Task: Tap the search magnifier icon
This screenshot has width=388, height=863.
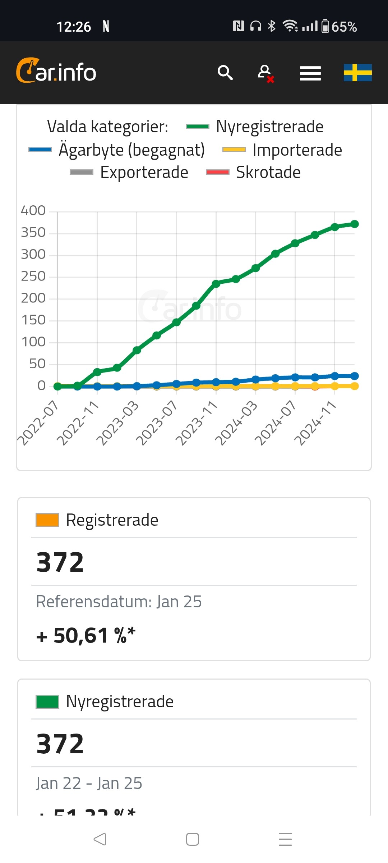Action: click(x=225, y=73)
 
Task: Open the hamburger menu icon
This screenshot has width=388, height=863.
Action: click(x=310, y=73)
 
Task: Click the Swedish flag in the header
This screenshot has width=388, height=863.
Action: click(x=357, y=73)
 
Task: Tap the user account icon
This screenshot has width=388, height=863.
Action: click(x=265, y=73)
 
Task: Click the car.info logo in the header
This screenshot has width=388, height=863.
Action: click(x=56, y=71)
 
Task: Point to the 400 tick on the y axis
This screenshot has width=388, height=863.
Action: click(x=33, y=210)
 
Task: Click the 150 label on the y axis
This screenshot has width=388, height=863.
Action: click(x=33, y=320)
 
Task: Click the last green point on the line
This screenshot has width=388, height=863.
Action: click(x=354, y=224)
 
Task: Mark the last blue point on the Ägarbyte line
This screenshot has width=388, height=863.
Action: click(x=354, y=376)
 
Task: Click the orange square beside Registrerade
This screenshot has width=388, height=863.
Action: click(x=47, y=520)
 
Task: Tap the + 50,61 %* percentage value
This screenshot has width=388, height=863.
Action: click(x=86, y=635)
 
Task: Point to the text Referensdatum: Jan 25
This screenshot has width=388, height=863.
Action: click(x=119, y=602)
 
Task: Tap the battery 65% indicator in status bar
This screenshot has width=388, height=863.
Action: click(x=339, y=27)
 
